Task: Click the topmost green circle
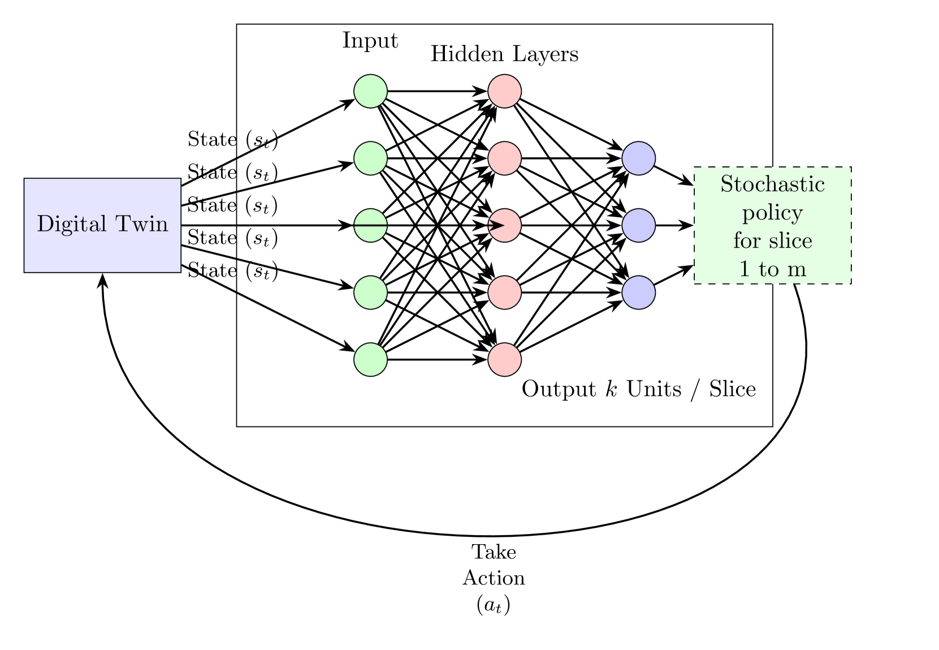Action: click(x=370, y=91)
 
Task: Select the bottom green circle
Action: click(x=370, y=359)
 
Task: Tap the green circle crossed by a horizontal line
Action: click(x=370, y=225)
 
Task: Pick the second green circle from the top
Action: click(x=370, y=158)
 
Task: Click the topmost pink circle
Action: click(x=504, y=91)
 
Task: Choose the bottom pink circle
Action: click(x=504, y=359)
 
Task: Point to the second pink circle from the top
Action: click(x=504, y=158)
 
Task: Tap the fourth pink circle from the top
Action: click(x=504, y=292)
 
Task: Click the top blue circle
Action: click(x=638, y=158)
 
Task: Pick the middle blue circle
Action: click(x=638, y=225)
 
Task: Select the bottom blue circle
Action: click(x=638, y=292)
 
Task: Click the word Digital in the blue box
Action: click(x=72, y=225)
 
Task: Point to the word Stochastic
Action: click(x=772, y=184)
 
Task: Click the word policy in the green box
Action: click(x=772, y=213)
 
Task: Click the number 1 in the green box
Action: click(x=745, y=269)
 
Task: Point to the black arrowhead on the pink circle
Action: click(x=496, y=225)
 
